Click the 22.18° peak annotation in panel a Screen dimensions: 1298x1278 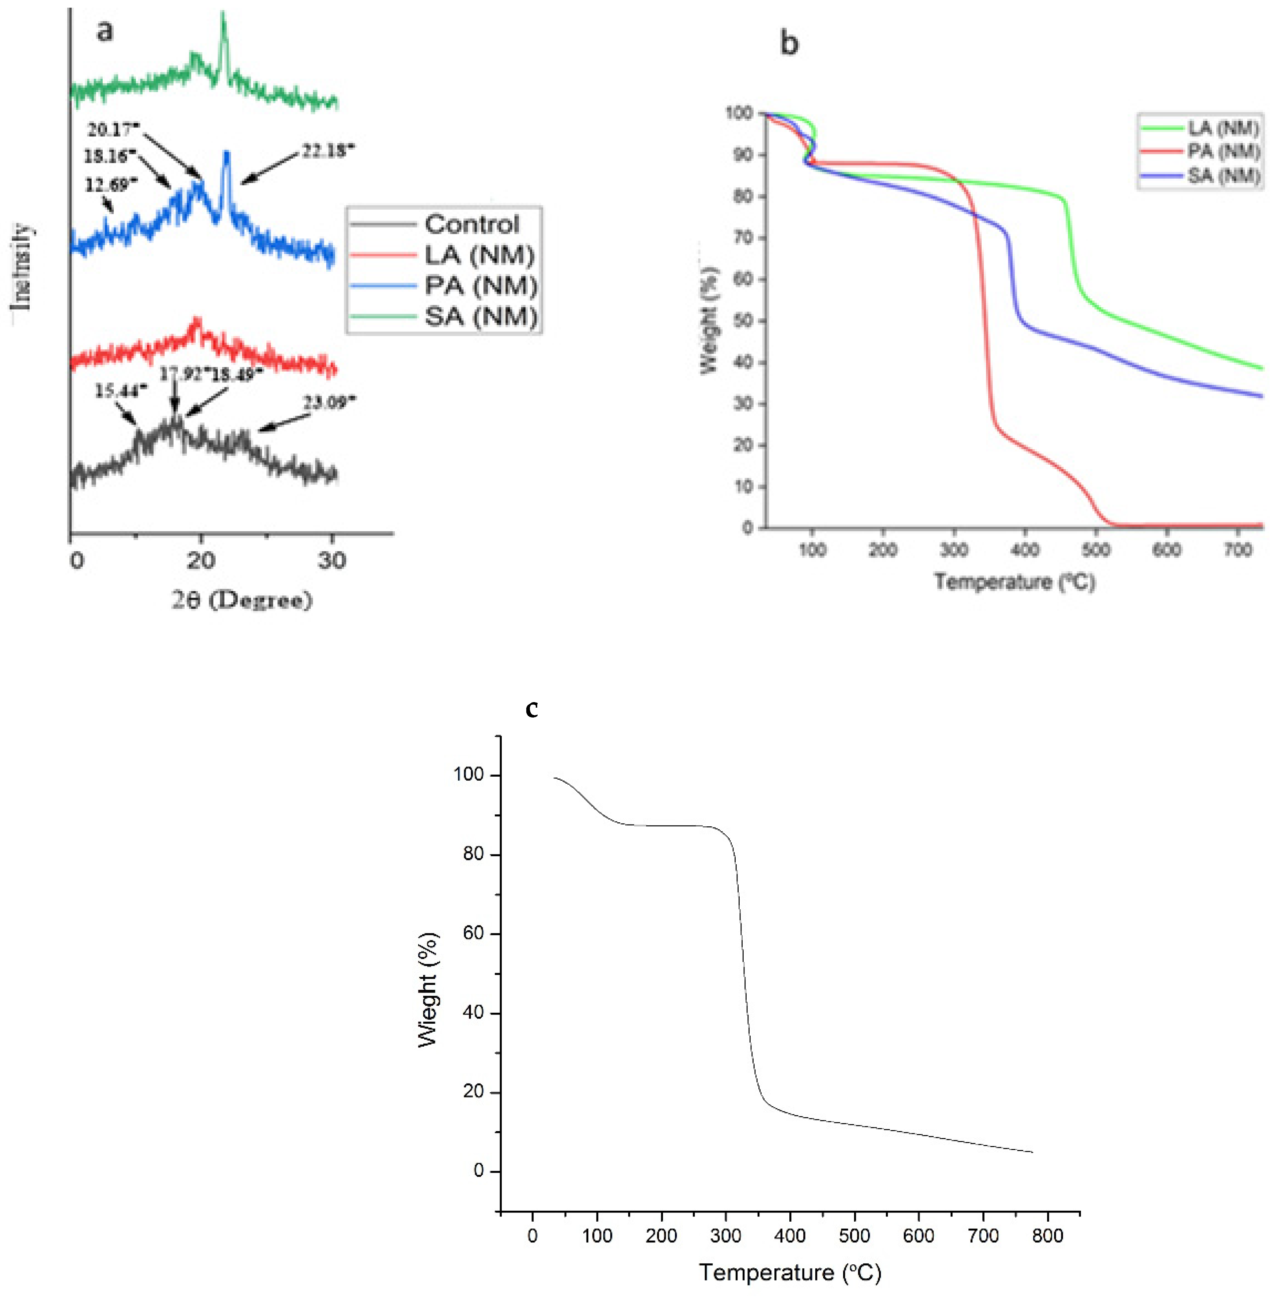327,151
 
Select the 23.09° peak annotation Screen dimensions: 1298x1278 329,403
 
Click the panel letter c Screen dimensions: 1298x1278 532,709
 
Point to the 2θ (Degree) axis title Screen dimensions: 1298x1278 242,599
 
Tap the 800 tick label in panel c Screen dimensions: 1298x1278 1047,1236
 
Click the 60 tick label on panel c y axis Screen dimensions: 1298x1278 473,933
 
